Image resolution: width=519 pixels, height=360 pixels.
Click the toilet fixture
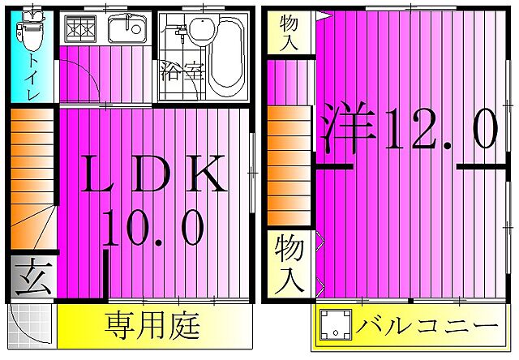31,32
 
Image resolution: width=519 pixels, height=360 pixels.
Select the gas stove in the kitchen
81,30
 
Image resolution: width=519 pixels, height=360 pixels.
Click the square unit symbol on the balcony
334,327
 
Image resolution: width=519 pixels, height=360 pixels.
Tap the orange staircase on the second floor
290,158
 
